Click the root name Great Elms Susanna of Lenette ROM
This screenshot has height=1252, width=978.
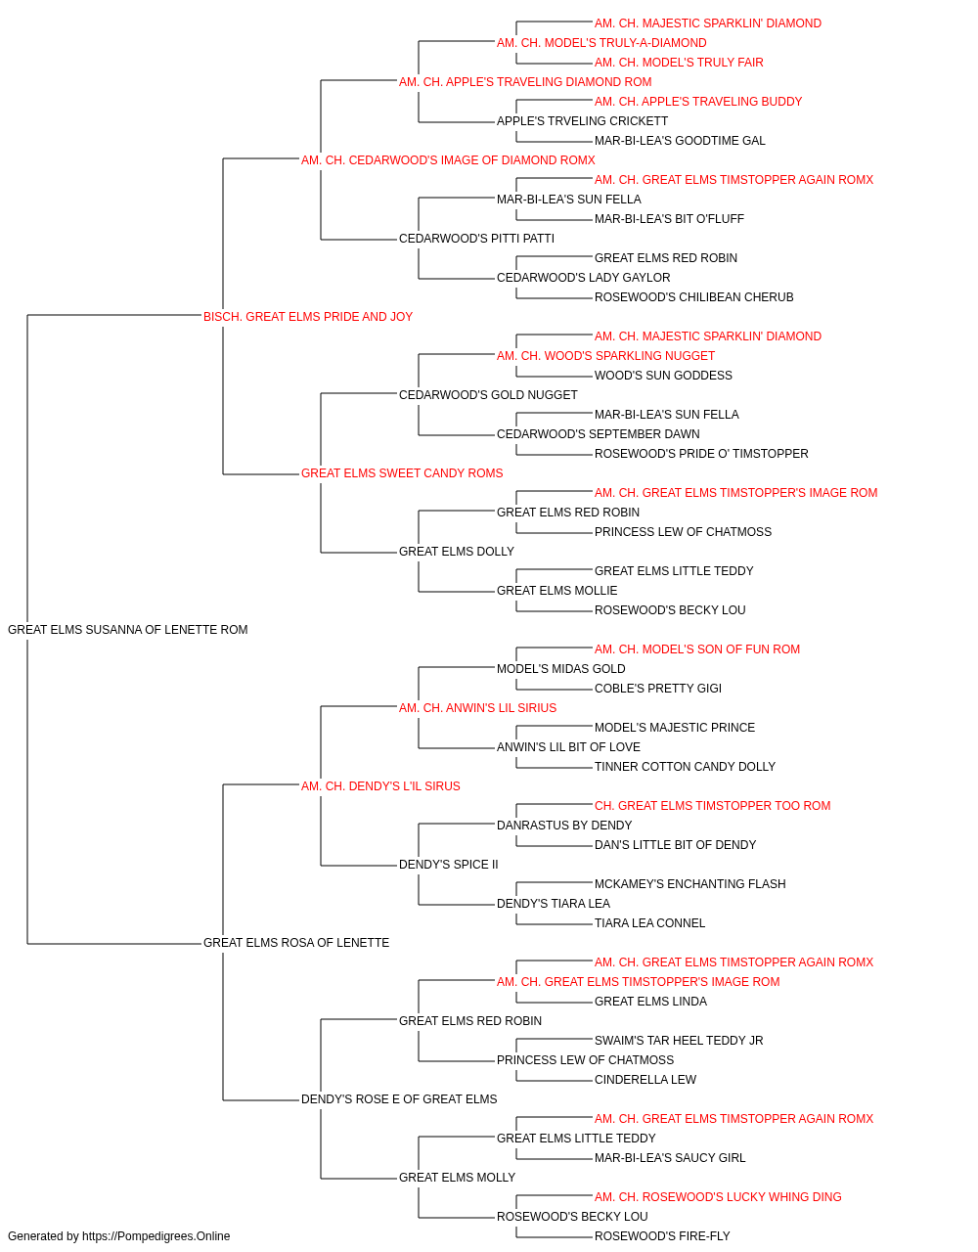click(127, 629)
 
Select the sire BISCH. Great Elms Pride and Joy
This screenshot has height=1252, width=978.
click(307, 316)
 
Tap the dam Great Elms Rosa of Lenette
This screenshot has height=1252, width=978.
click(296, 942)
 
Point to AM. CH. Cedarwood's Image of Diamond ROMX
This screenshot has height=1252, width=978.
click(448, 160)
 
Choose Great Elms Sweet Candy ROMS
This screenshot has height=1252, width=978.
click(401, 473)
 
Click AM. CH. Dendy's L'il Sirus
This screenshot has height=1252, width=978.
click(380, 785)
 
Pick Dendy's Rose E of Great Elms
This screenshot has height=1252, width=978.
click(399, 1098)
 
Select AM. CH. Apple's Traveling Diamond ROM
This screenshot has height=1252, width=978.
click(525, 82)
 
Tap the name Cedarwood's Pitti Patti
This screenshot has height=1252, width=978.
click(476, 238)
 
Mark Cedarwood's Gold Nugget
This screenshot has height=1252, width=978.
click(488, 394)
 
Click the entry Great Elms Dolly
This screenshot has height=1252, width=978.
click(456, 552)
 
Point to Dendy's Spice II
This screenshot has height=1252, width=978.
click(448, 865)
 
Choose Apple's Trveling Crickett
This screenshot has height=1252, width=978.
click(582, 121)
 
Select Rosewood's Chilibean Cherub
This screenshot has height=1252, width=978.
click(693, 296)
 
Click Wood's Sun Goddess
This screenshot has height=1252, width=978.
click(663, 375)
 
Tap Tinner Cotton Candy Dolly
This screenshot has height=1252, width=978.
click(685, 766)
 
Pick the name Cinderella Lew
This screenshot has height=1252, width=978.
click(645, 1079)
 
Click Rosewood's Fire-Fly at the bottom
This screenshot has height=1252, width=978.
click(662, 1236)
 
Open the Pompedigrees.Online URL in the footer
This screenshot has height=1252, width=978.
click(156, 1236)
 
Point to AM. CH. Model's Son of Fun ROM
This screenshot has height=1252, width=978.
click(697, 648)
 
